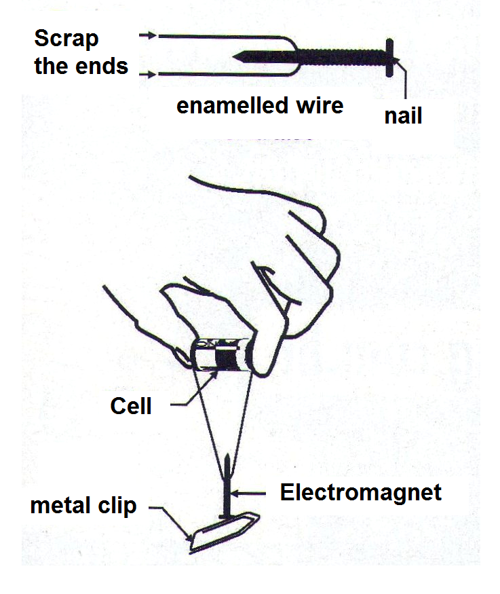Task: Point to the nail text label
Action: pyautogui.click(x=403, y=115)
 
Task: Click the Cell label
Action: pyautogui.click(x=131, y=406)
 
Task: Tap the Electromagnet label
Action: pyautogui.click(x=361, y=492)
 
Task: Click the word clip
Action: pyautogui.click(x=117, y=506)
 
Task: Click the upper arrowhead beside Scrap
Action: pyautogui.click(x=152, y=35)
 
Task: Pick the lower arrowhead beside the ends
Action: pyautogui.click(x=152, y=74)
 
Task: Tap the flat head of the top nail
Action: pyautogui.click(x=389, y=58)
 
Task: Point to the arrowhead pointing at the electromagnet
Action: pyautogui.click(x=234, y=494)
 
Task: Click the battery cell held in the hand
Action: pyautogui.click(x=221, y=355)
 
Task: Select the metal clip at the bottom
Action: pyautogui.click(x=224, y=532)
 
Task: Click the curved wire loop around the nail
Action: pyautogui.click(x=297, y=56)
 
